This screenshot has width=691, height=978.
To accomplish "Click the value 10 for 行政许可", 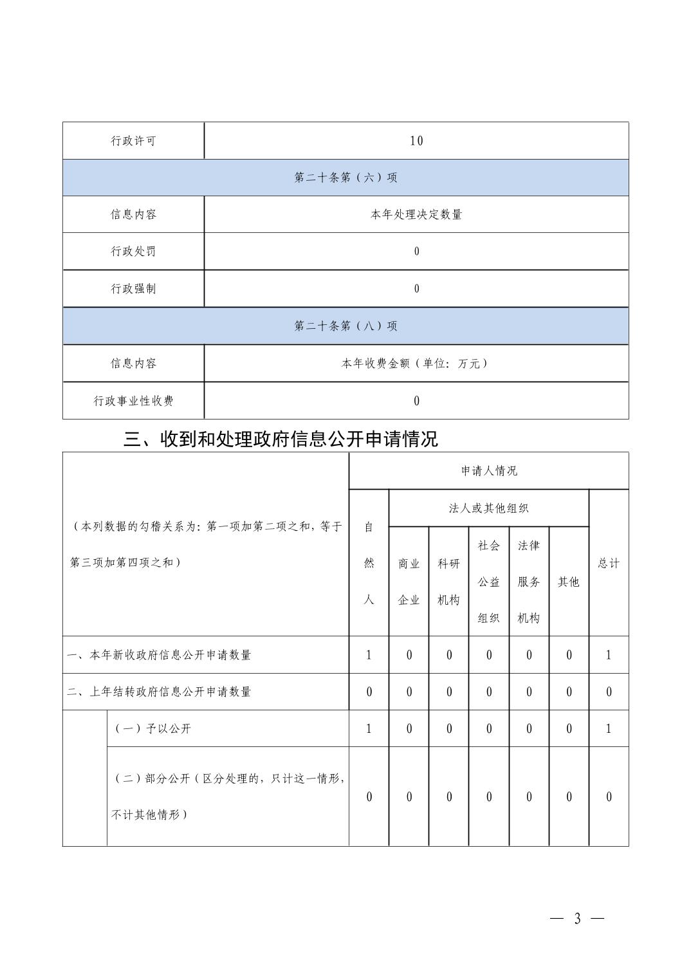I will pos(416,141).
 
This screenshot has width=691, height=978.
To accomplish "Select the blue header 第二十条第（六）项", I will pos(345,178).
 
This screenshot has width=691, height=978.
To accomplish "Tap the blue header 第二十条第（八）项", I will pos(345,326).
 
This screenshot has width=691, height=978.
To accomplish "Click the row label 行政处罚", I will pos(133,252).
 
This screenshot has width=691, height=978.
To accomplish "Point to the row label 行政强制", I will pos(133,289).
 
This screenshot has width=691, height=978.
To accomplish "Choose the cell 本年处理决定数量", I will pos(416,215).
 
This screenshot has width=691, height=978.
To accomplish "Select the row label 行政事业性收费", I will pos(133,401).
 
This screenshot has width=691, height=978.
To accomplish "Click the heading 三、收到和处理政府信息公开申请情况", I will pos(281,439).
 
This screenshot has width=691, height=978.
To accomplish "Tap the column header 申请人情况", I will pos(488,471).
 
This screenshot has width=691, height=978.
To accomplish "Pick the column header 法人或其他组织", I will pos(488,508).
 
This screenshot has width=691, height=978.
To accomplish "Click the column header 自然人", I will pos(369,563).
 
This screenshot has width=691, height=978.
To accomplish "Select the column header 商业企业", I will pos(409,582).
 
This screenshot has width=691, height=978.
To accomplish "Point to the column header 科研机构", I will pos(448,582).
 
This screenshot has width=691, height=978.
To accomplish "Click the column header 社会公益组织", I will pos(488,582).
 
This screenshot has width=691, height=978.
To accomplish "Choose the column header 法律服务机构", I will pos(529,582).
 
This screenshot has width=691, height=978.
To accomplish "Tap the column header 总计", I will pos(608,563).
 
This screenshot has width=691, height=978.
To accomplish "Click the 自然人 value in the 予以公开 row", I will pos(369,729).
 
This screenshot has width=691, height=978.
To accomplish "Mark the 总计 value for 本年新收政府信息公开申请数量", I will pos(608,655).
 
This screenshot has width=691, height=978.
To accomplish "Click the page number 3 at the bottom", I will pos(577,919).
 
